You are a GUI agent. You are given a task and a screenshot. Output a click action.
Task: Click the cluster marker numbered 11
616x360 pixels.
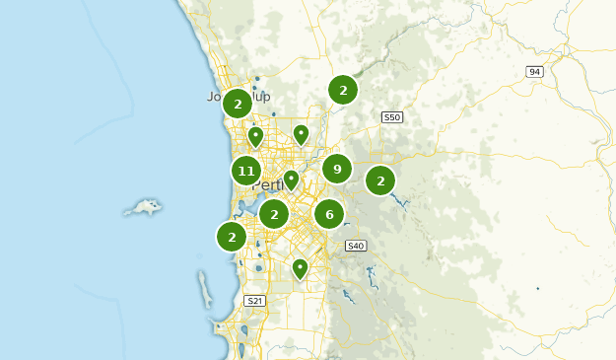point(246,172)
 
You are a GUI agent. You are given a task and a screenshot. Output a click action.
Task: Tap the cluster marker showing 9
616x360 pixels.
point(337,169)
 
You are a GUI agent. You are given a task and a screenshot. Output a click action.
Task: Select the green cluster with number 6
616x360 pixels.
point(329,214)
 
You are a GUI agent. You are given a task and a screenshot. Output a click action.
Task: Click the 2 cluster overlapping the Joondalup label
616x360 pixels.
point(238,103)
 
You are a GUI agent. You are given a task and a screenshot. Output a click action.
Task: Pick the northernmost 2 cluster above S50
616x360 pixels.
point(343,90)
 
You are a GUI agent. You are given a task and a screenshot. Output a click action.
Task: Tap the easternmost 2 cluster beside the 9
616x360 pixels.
point(380,180)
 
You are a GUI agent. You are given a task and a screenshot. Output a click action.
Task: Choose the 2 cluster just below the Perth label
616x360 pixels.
point(274,213)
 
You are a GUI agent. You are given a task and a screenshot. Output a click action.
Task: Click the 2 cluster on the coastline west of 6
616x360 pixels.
point(232,236)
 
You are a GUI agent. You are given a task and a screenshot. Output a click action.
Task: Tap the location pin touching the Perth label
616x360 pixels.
point(291,180)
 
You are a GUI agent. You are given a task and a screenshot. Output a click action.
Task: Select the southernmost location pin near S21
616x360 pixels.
point(301,267)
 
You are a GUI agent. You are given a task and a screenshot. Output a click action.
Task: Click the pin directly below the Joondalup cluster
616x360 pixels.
point(255,135)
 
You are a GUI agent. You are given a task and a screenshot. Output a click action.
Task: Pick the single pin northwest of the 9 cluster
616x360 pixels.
point(302,133)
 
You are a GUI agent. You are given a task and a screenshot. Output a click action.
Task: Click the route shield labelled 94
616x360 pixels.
point(535,72)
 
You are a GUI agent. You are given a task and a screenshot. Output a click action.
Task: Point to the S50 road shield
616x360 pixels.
point(392,117)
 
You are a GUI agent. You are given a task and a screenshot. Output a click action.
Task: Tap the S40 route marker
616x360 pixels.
point(356,246)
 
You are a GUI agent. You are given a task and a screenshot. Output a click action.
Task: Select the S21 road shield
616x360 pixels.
point(254,301)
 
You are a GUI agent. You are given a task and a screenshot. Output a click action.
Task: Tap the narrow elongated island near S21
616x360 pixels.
point(205,290)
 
